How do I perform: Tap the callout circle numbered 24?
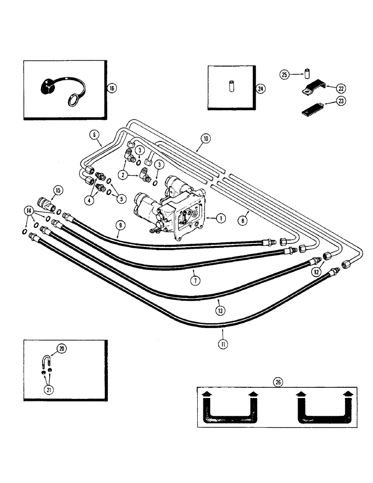click(x=260, y=88)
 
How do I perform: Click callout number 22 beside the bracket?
click(x=342, y=88)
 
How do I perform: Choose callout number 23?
click(x=342, y=102)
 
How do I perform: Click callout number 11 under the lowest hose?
click(x=223, y=344)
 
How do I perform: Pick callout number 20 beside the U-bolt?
click(x=61, y=348)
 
